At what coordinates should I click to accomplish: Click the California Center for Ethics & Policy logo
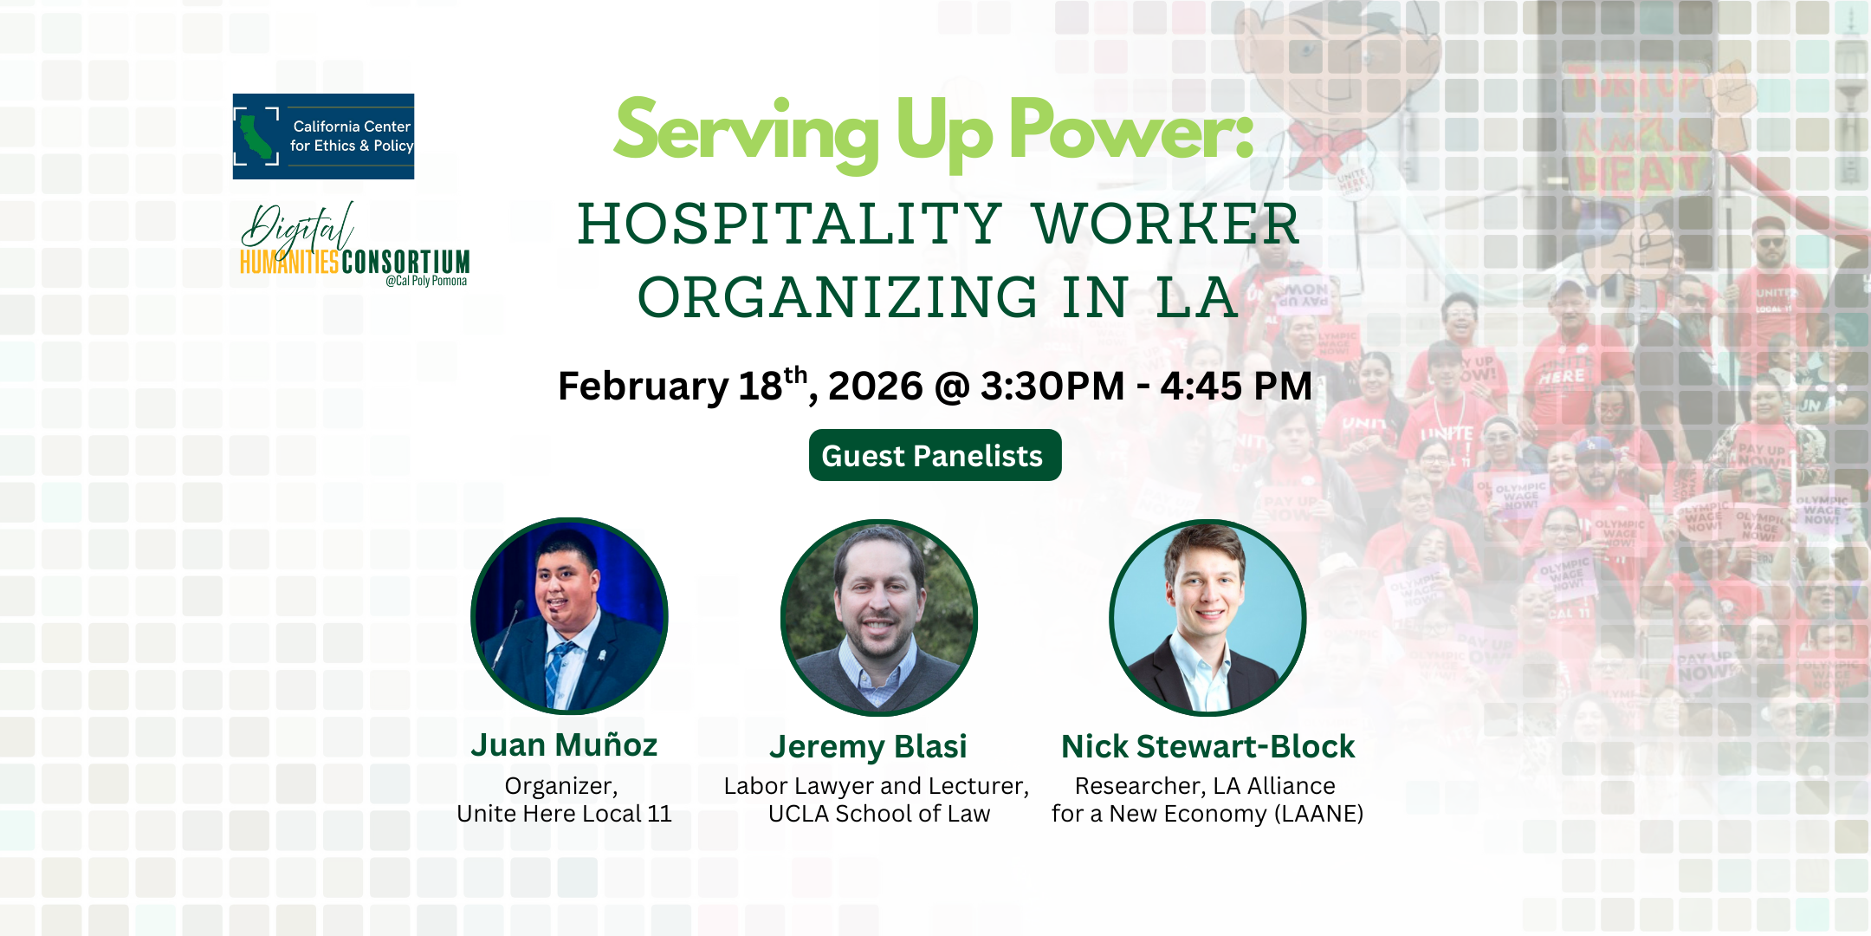click(323, 136)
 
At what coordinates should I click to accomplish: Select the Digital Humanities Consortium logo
click(354, 244)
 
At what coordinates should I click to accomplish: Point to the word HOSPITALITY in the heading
click(789, 224)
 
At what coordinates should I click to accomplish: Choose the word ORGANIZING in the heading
click(838, 297)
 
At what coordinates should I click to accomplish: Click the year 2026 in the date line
click(875, 387)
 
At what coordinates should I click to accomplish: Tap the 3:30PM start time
click(1052, 387)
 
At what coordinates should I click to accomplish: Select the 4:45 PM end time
click(1236, 387)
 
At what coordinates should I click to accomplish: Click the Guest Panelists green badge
click(935, 455)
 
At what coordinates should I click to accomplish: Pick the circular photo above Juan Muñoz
click(569, 616)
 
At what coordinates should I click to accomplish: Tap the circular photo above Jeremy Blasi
click(879, 618)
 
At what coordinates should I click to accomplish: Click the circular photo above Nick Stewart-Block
click(1207, 618)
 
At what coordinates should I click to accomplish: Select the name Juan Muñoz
click(564, 745)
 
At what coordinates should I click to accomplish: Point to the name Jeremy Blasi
click(868, 747)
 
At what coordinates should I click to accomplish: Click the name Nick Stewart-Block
click(1207, 747)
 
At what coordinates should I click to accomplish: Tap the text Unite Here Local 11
click(564, 814)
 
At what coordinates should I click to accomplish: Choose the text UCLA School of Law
click(878, 814)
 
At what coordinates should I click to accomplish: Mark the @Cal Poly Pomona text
click(426, 281)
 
